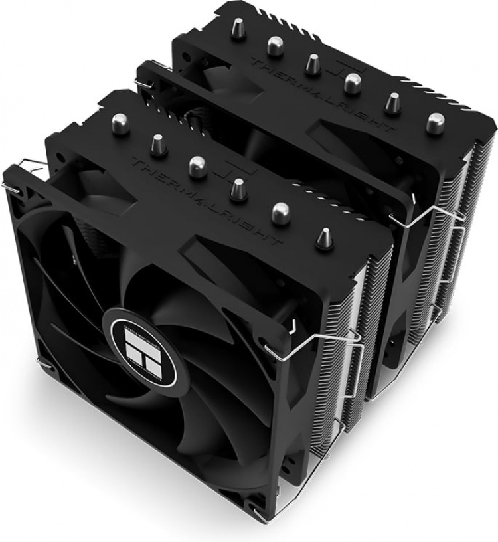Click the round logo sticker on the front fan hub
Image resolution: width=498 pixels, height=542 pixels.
pyautogui.click(x=139, y=338)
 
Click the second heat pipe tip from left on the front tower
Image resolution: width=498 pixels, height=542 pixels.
pyautogui.click(x=159, y=141)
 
